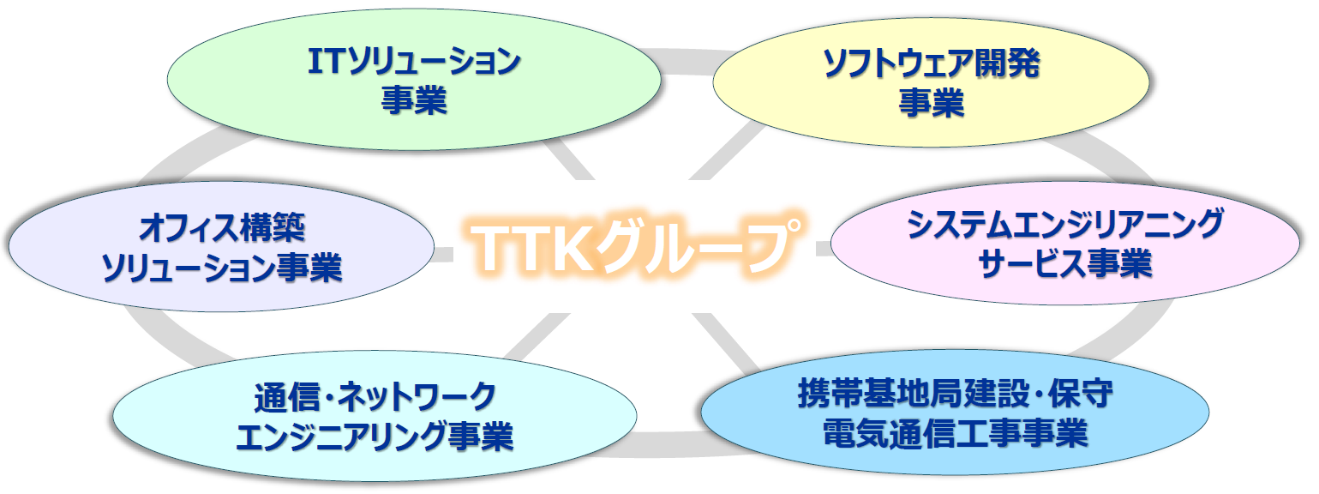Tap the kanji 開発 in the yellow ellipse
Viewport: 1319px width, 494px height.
point(1006,63)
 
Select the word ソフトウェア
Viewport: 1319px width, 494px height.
point(898,63)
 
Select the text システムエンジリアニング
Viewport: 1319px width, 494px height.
point(1064,224)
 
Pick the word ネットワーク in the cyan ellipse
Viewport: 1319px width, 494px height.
point(417,397)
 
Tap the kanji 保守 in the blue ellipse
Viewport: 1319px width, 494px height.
point(1080,393)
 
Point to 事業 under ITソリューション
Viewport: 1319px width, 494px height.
point(414,99)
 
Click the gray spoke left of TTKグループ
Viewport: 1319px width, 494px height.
point(443,254)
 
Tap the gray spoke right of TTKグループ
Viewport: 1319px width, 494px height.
point(824,248)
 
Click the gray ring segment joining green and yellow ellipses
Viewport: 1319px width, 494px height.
point(686,61)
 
